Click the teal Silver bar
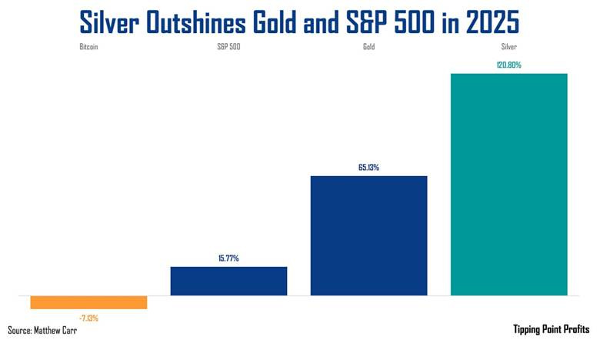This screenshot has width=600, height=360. coord(508,184)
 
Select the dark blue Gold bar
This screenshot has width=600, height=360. coord(368,235)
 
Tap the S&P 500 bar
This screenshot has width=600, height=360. coord(228,281)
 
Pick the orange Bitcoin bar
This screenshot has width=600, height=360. coord(88,302)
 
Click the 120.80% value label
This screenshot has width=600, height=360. coord(508,65)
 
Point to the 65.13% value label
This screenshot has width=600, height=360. coord(368,167)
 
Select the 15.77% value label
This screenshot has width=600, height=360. coord(228,258)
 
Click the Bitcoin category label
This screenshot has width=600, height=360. coord(88,47)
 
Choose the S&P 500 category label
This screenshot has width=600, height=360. coord(228,47)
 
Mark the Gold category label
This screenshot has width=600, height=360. coord(368,47)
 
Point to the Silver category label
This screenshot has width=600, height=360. coord(508,47)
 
